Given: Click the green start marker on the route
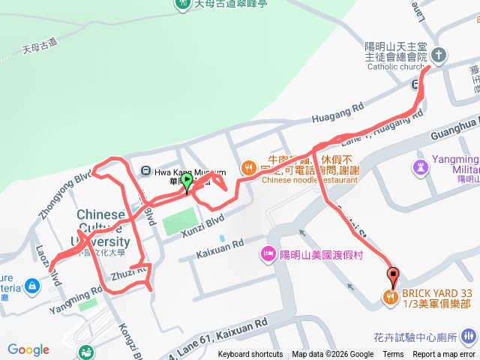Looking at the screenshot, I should coord(187,181).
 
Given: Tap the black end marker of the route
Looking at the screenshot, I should coord(391,275).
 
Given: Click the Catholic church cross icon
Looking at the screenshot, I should coord(439,55).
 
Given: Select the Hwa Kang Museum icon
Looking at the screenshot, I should coord(146,170).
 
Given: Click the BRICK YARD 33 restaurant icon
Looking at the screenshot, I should coord(390,297).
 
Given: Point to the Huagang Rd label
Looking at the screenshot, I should coord(337,113).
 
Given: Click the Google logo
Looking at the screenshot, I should coord(28,349).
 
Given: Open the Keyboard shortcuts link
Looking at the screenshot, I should coord(250,355).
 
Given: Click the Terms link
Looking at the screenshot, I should coord(393,355).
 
